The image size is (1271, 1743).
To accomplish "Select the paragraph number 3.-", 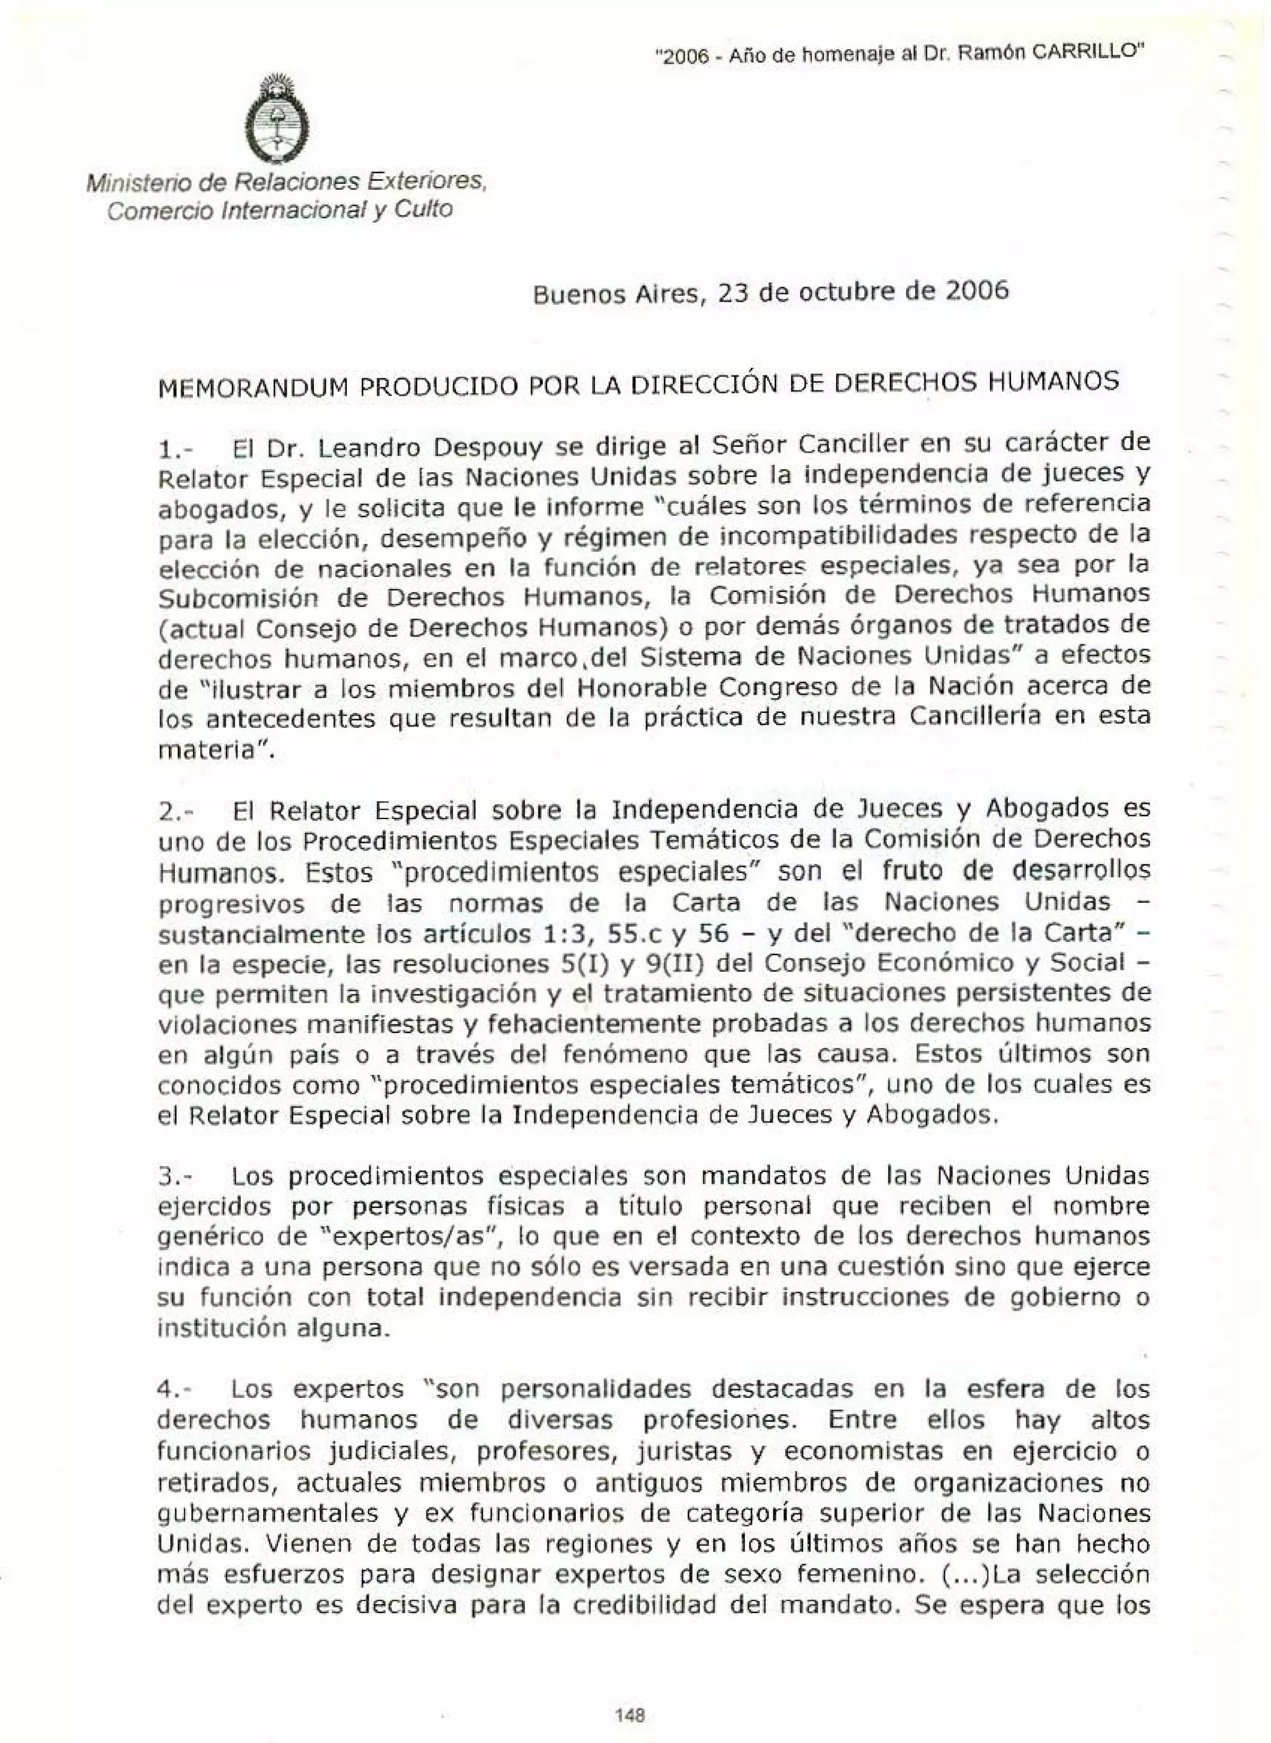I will (x=176, y=1178).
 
